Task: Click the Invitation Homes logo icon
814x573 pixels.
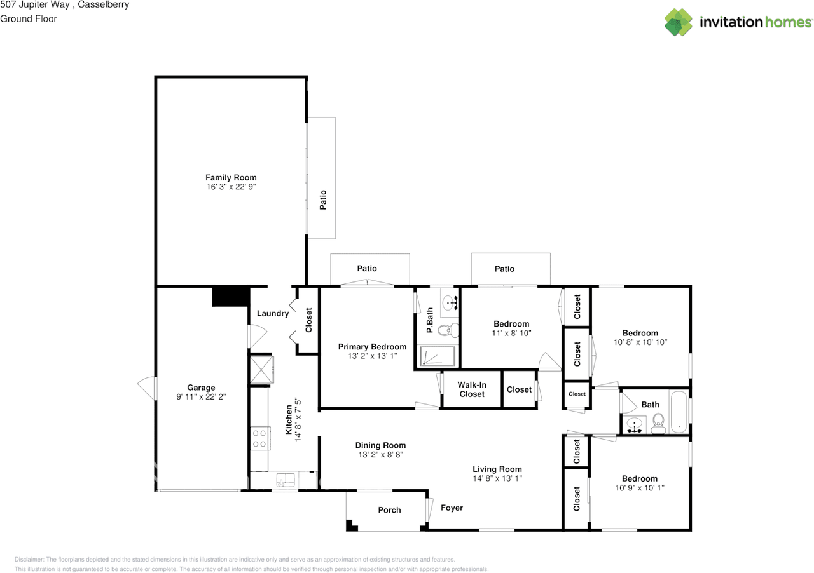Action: click(x=679, y=22)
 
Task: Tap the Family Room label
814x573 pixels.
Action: click(x=231, y=177)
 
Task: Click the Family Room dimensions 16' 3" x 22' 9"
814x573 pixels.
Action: click(x=231, y=187)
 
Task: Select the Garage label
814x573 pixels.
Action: click(x=201, y=388)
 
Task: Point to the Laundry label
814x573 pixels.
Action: click(x=273, y=313)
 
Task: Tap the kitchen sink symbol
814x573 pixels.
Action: click(x=285, y=481)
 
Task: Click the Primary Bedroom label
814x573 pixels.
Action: click(x=372, y=347)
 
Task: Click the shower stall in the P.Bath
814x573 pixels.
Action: click(x=438, y=356)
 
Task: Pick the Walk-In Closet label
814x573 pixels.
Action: click(x=471, y=389)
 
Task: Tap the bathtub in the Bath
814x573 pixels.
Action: click(x=679, y=414)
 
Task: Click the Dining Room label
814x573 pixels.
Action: click(x=380, y=445)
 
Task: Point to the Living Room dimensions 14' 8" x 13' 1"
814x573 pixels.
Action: click(x=497, y=478)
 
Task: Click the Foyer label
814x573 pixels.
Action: click(x=452, y=508)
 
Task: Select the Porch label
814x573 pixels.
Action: click(x=389, y=510)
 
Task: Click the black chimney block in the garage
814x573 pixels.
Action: click(x=229, y=297)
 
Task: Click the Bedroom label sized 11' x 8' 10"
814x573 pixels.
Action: click(x=511, y=324)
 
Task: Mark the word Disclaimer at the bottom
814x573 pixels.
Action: click(x=29, y=559)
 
